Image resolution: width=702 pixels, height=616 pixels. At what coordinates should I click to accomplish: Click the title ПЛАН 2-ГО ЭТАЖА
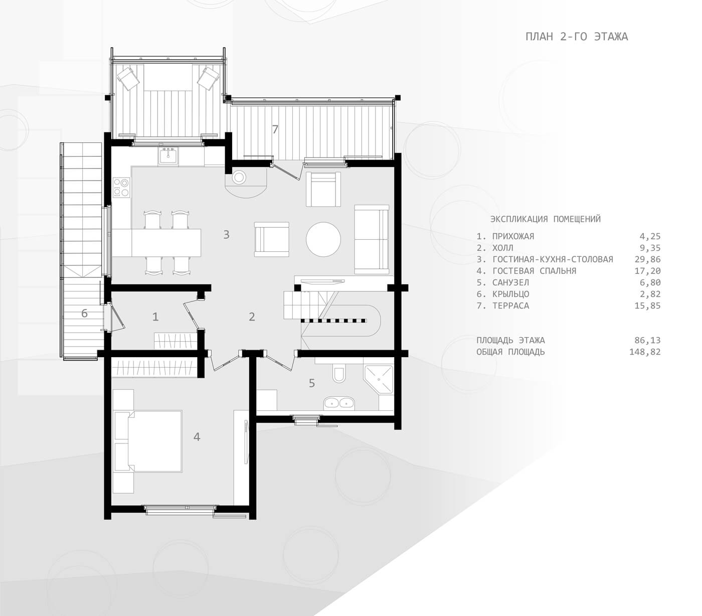(x=576, y=37)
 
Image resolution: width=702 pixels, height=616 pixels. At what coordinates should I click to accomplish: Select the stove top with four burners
(x=121, y=187)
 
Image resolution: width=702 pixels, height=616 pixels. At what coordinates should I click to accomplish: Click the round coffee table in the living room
(x=323, y=239)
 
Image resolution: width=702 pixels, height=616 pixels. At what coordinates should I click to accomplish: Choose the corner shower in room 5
(x=379, y=379)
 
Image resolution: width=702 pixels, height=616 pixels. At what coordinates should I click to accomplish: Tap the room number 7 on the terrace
(x=275, y=129)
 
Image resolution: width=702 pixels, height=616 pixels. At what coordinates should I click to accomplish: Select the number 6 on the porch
(x=84, y=314)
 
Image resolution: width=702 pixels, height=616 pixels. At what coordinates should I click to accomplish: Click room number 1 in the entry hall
(x=155, y=317)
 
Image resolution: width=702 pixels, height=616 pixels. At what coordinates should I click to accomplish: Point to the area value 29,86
(x=647, y=259)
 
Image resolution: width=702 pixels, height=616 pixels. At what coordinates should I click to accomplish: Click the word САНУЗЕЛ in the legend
(x=510, y=282)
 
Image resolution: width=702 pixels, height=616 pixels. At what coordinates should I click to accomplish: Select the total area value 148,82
(x=645, y=352)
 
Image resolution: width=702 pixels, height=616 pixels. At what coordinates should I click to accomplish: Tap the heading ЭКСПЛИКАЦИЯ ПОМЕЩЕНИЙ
(x=546, y=219)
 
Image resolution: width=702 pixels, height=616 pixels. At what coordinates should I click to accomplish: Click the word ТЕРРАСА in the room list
(x=510, y=306)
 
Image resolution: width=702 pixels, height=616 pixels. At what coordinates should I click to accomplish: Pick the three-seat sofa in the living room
(x=372, y=240)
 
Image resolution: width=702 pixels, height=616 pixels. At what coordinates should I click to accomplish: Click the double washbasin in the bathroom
(x=339, y=403)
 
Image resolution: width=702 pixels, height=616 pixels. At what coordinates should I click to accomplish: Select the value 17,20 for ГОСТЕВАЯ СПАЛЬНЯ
(x=647, y=271)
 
